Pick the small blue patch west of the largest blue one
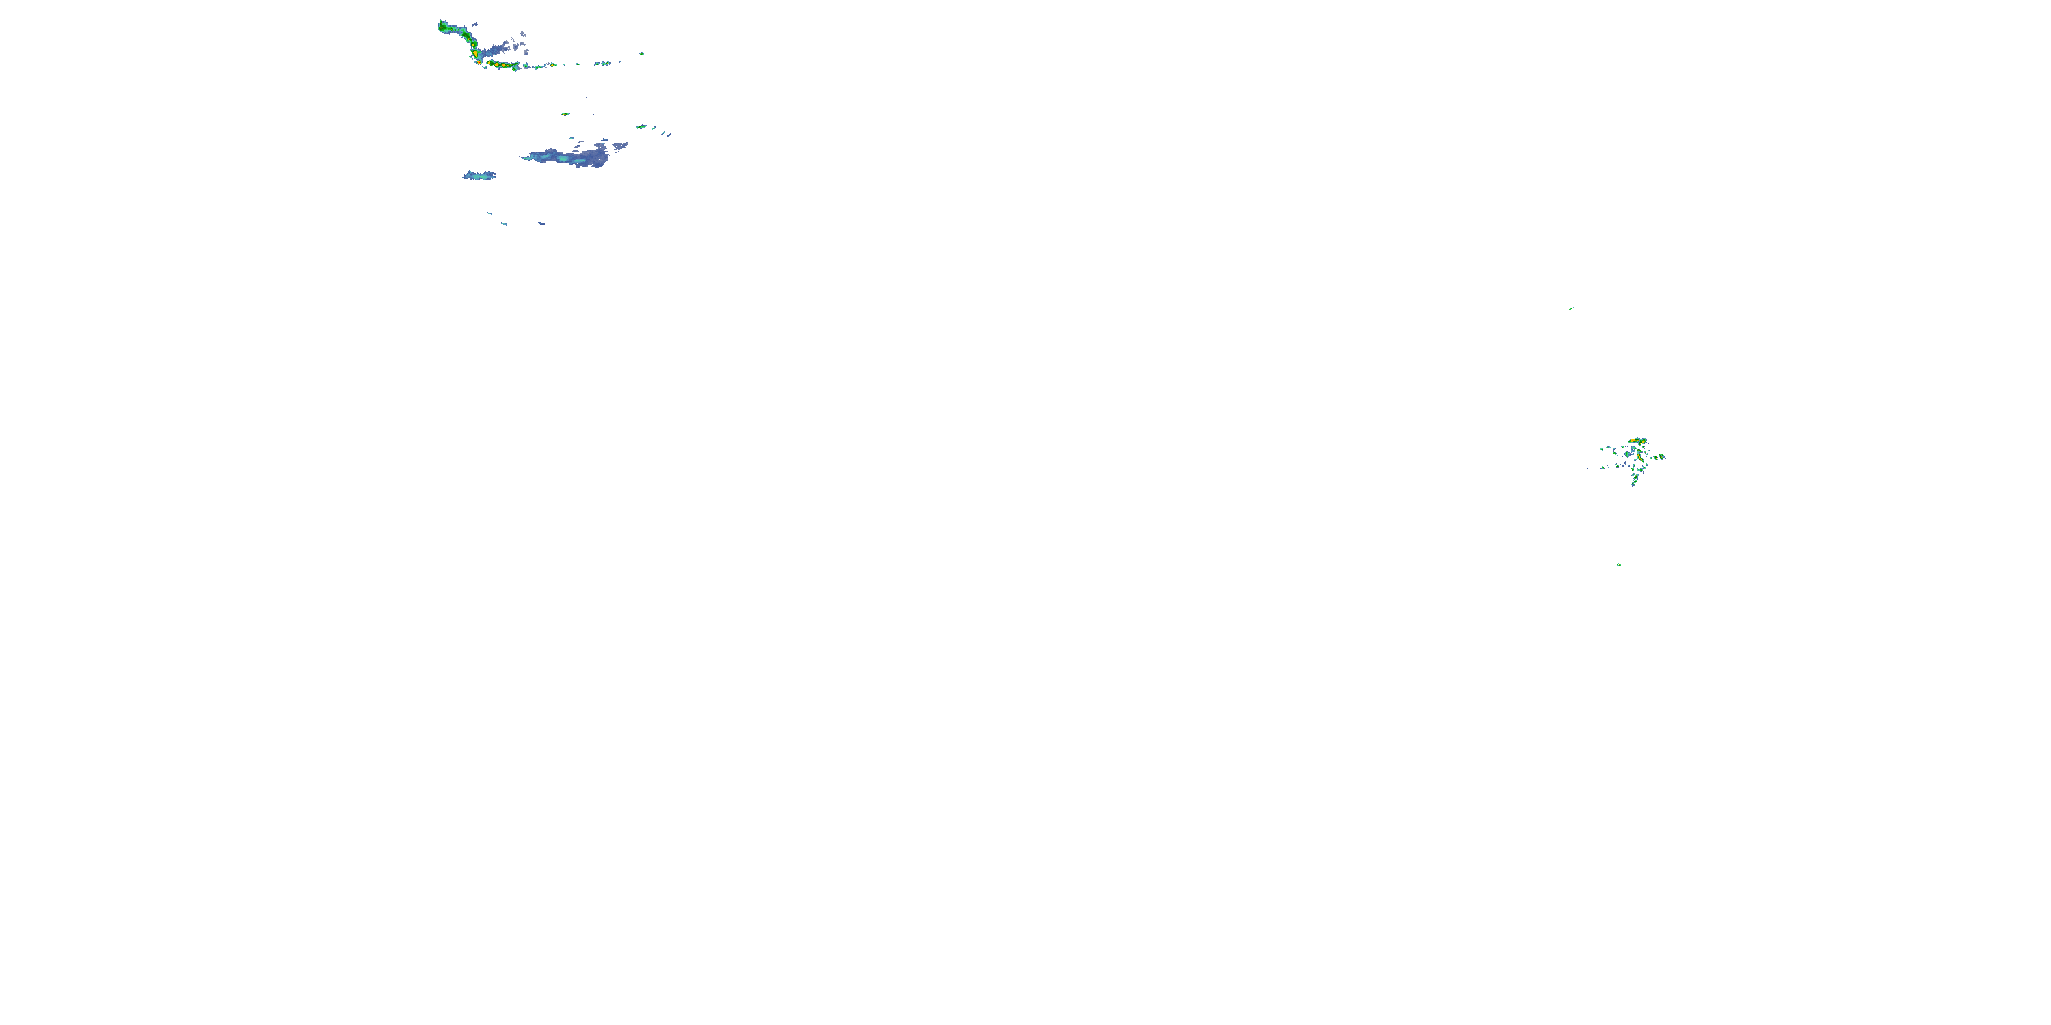[479, 175]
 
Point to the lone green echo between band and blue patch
[565, 114]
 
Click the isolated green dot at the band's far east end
[642, 54]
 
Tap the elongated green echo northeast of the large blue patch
[640, 126]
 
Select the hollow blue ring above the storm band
[523, 34]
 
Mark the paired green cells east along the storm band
[604, 63]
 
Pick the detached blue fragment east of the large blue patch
[619, 146]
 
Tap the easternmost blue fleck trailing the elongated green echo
[669, 135]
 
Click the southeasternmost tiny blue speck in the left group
[541, 223]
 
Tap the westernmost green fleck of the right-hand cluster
[1602, 450]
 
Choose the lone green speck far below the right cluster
[1619, 564]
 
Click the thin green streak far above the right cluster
[1571, 308]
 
